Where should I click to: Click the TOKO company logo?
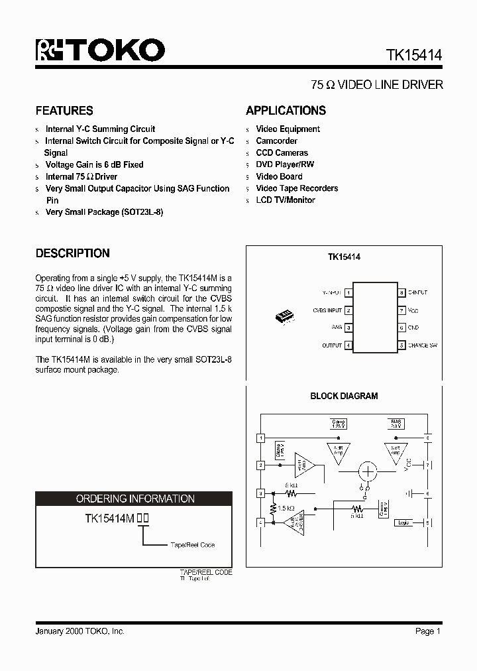click(100, 50)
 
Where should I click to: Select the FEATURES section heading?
click(64, 111)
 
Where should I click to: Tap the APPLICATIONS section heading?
click(286, 111)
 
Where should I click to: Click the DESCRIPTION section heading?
click(72, 253)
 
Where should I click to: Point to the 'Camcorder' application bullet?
click(276, 141)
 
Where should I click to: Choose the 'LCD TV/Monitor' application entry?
click(286, 200)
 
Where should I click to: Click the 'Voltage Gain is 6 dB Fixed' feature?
click(94, 164)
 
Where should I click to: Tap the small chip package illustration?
click(285, 317)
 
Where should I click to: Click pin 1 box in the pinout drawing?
click(348, 292)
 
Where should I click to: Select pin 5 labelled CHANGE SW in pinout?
click(401, 345)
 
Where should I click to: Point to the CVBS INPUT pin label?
click(327, 310)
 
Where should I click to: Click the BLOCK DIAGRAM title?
click(344, 396)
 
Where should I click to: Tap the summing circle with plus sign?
click(367, 472)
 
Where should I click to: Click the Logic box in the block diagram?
click(402, 522)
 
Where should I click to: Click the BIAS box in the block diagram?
click(396, 423)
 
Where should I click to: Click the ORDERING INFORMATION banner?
click(135, 499)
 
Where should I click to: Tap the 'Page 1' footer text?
click(428, 631)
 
